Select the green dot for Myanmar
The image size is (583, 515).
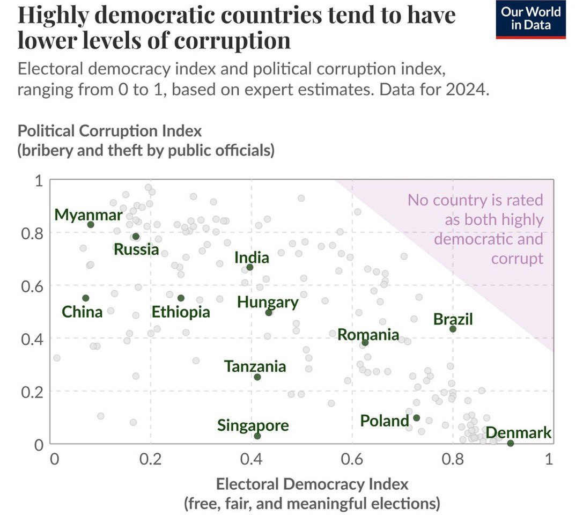pos(91,224)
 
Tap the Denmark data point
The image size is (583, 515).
pos(510,443)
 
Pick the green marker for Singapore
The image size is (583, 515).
pos(257,436)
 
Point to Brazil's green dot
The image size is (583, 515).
pos(453,329)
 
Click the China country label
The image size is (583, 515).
pos(82,312)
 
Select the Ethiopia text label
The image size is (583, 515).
pos(181,312)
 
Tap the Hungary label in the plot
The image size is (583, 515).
pos(268,302)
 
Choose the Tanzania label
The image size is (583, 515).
pos(255,367)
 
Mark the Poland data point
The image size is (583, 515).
pos(416,418)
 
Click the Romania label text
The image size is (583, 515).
pos(368,335)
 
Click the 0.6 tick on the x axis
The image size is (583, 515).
pos(352,460)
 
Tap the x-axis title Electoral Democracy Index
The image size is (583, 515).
pos(312,484)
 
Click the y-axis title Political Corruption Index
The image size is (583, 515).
pos(110,131)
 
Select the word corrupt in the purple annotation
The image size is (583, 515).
pos(517,259)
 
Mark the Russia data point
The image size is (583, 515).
pos(136,237)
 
